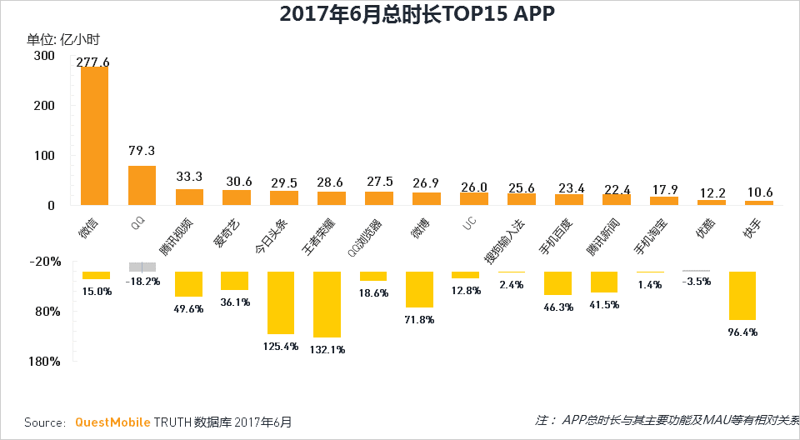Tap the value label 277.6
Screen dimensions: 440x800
[94, 62]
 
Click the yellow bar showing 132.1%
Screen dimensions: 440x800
[327, 304]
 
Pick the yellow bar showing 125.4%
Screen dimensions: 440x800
[281, 302]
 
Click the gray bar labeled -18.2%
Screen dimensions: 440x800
[142, 267]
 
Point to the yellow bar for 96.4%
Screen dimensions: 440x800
[742, 296]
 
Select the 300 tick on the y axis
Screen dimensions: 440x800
[44, 56]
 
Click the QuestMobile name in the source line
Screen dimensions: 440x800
[112, 422]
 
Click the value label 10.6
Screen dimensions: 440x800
[759, 191]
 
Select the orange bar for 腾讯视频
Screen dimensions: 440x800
[189, 197]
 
